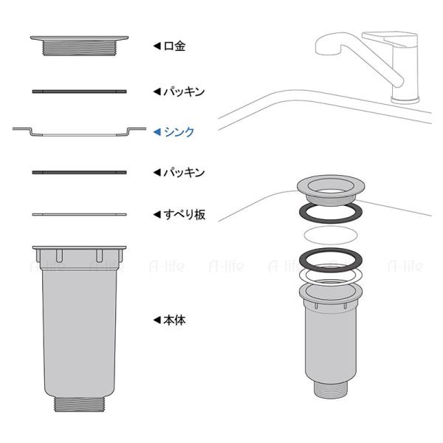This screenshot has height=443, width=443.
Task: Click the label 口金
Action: coord(174,46)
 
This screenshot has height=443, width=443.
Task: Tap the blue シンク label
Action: coord(179,132)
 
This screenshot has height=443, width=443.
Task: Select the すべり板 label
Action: coord(185,215)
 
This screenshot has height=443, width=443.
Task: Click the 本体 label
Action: coord(174,320)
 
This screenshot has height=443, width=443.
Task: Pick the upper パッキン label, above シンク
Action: coord(184,92)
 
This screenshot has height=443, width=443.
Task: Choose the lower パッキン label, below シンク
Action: coord(184,172)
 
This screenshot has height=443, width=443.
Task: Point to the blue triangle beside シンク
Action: coord(157,132)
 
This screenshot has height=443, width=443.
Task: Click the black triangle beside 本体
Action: coord(157,320)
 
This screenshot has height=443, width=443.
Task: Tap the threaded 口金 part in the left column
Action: coord(80,46)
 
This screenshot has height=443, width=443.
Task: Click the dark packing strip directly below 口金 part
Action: coord(80,92)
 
